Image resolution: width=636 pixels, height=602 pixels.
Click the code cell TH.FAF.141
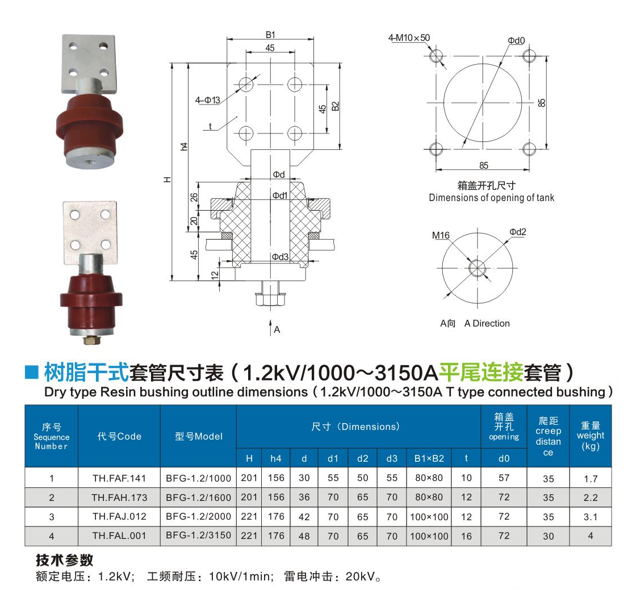coord(119,478)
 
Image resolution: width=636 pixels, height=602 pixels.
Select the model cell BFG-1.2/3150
coord(198,536)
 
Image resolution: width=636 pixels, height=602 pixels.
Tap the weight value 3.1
coord(590,517)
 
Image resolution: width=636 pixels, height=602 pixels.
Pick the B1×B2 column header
coord(429,458)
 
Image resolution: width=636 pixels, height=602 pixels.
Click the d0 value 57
coord(504,478)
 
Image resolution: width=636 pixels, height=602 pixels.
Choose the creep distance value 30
coord(548,536)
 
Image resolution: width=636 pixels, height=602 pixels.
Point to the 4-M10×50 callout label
coord(409,37)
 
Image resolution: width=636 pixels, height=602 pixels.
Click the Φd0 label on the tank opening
coord(516,40)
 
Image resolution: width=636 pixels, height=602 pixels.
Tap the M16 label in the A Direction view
coord(441,235)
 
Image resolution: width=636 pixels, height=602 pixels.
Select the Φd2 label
coord(517,232)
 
